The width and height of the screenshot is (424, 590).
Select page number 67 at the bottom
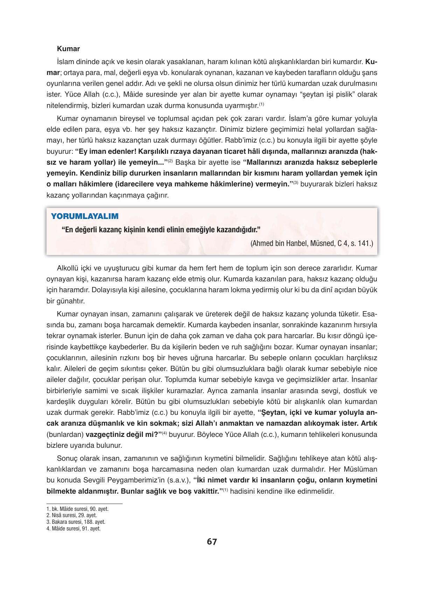(212, 542)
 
